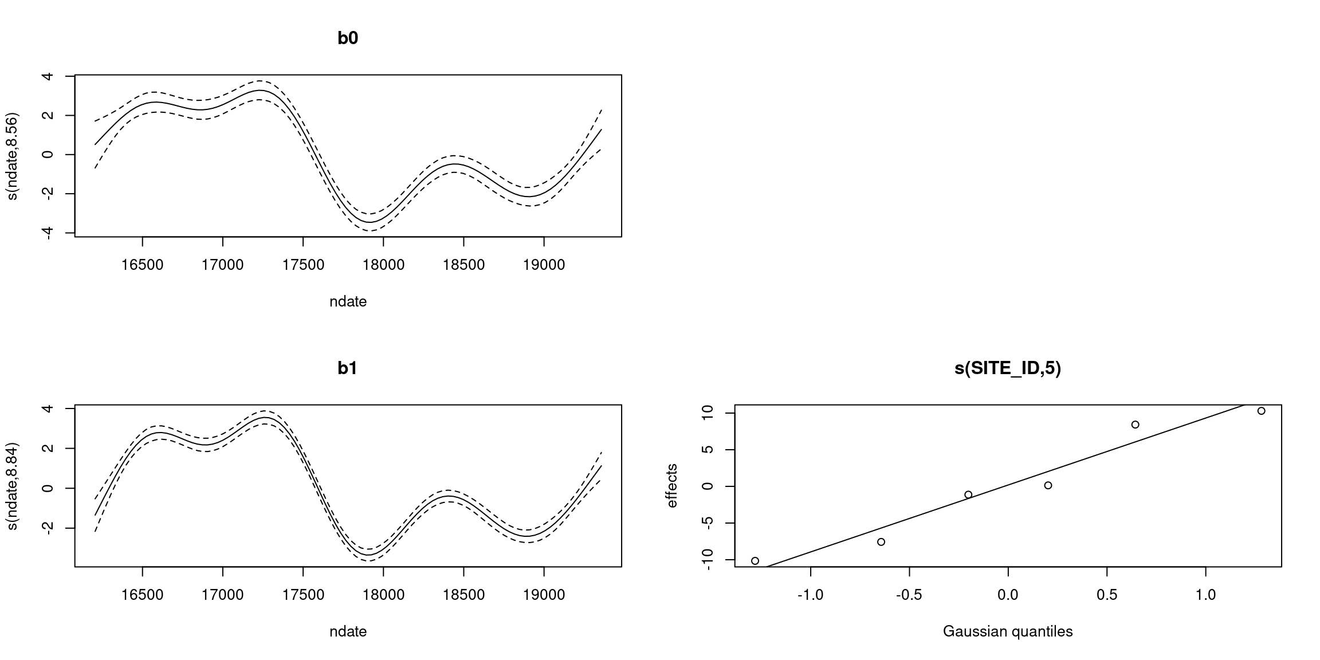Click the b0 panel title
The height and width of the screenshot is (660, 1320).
(348, 38)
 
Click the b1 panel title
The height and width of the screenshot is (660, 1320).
(348, 368)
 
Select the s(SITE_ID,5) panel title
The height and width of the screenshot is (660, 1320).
(1008, 368)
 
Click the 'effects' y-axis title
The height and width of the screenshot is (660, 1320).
(672, 486)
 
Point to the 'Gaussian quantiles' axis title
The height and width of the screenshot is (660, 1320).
(1008, 631)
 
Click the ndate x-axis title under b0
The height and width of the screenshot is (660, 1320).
(348, 301)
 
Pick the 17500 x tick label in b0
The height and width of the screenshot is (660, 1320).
(303, 265)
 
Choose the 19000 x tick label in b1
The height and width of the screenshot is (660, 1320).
(544, 595)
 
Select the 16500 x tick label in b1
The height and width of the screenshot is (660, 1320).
(142, 595)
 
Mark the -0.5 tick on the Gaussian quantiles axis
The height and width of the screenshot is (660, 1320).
(909, 595)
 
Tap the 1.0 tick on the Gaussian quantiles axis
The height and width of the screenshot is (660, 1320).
(1205, 595)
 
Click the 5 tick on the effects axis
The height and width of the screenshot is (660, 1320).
(708, 450)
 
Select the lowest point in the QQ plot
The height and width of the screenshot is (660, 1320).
(755, 561)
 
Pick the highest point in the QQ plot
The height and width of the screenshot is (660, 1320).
(1261, 411)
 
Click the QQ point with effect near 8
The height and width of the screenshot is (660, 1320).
(1135, 425)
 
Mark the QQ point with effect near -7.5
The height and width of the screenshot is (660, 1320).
(881, 542)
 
